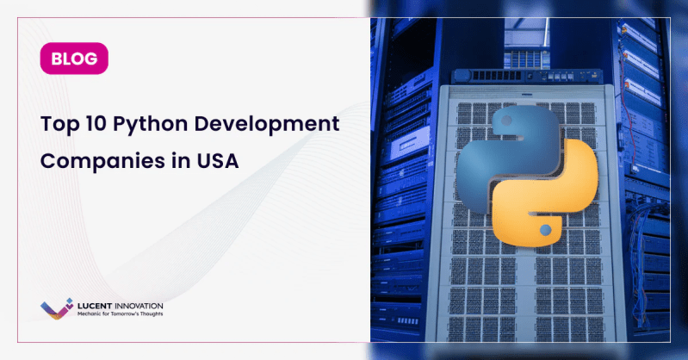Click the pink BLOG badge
73,59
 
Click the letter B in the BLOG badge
57,59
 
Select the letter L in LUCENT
80,306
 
